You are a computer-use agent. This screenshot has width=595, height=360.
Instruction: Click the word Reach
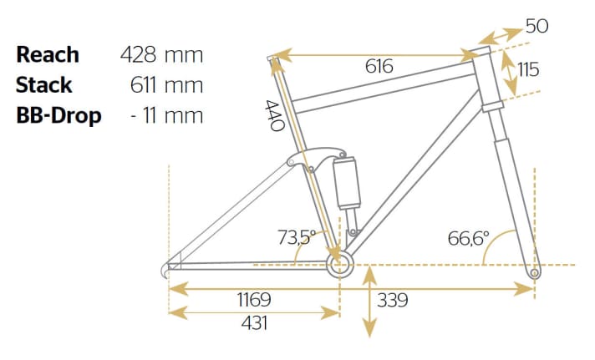tap(48, 55)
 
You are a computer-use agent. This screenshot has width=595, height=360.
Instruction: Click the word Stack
tap(43, 85)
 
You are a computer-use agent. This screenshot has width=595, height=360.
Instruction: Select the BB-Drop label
tap(58, 115)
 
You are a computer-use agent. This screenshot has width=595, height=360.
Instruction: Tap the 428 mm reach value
tap(162, 55)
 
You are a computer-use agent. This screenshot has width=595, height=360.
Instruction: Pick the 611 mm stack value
tap(166, 85)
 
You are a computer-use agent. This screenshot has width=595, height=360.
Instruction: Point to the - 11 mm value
tap(166, 115)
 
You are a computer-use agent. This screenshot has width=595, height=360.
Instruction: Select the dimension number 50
tap(537, 26)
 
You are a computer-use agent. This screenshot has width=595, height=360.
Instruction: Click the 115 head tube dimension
tap(528, 70)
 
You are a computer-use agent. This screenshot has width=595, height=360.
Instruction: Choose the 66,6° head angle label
tap(468, 238)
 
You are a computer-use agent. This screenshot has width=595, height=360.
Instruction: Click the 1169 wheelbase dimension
tap(253, 299)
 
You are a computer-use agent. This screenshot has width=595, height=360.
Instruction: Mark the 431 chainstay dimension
tap(253, 322)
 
